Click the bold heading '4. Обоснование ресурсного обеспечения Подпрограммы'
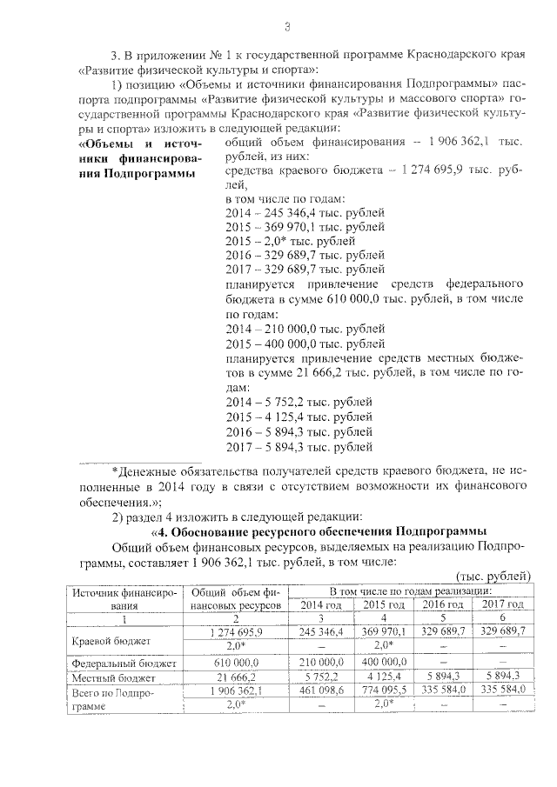[321, 530]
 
